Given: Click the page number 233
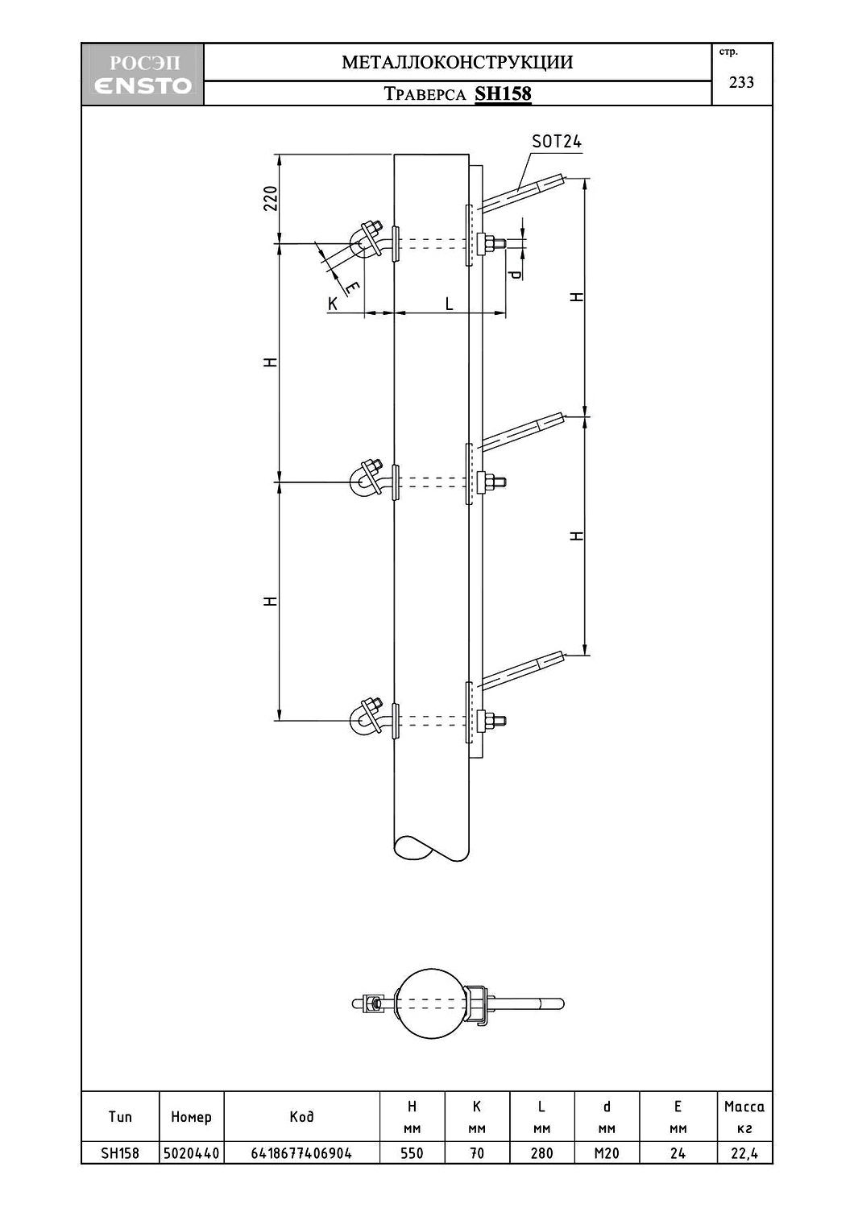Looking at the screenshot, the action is (x=741, y=82).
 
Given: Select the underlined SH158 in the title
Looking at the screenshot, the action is (x=503, y=94).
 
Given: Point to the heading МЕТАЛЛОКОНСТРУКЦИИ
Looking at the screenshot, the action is (x=458, y=62).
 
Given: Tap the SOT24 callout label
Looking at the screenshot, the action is (x=557, y=141).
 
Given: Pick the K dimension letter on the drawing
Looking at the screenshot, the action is (x=333, y=304).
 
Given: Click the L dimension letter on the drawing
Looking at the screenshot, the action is (x=449, y=304).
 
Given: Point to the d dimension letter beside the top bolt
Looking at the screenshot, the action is (x=516, y=274).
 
